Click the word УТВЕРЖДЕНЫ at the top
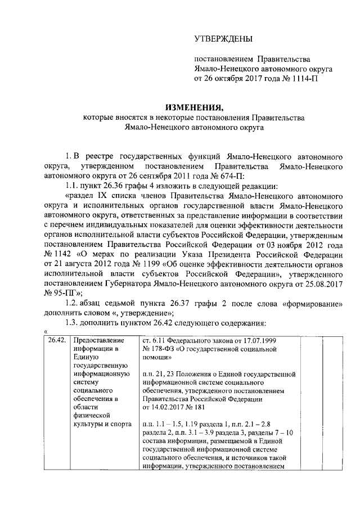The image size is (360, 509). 223,39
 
